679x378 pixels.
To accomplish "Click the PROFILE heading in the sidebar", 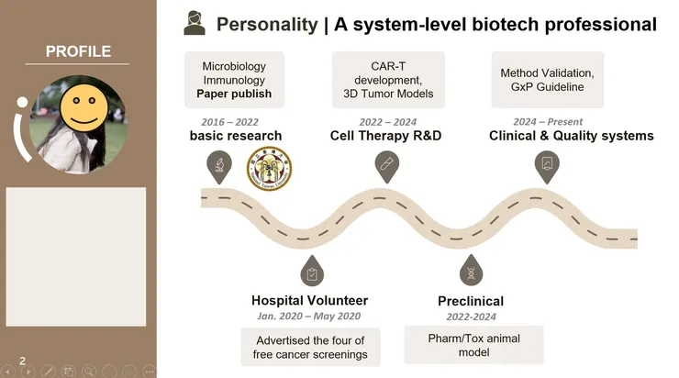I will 78,50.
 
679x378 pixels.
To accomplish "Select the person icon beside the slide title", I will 194,24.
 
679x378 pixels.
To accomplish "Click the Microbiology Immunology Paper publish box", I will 234,80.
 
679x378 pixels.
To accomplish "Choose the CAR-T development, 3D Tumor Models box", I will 388,80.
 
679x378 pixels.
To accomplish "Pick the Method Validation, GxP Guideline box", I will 547,80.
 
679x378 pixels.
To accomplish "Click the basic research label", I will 236,137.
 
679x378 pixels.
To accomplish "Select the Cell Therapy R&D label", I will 385,137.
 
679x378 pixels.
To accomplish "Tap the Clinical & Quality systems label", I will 572,137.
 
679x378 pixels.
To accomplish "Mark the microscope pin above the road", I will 219,164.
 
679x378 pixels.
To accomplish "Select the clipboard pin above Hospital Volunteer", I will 311,271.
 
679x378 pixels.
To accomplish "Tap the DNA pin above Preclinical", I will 470,271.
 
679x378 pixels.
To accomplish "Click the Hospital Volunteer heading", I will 309,301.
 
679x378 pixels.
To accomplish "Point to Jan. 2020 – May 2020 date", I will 309,317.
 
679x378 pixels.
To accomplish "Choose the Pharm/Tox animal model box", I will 473,345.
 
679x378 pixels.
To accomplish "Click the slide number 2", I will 22,361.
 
